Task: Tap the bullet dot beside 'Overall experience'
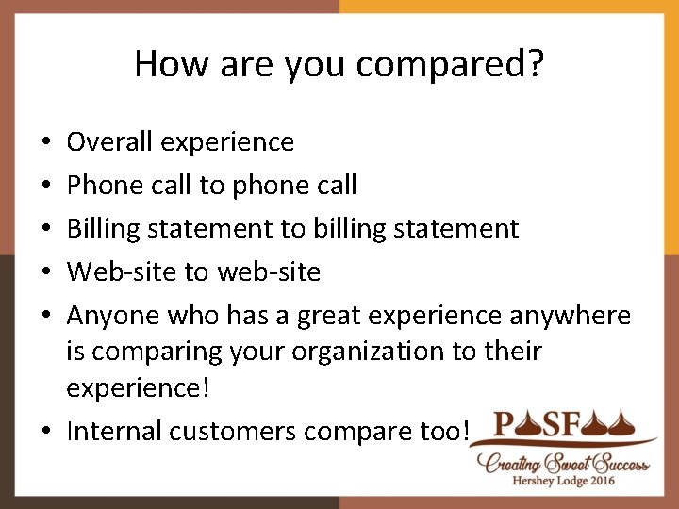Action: tap(46, 142)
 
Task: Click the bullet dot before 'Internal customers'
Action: tap(46, 433)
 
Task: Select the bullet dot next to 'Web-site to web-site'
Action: tap(46, 273)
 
